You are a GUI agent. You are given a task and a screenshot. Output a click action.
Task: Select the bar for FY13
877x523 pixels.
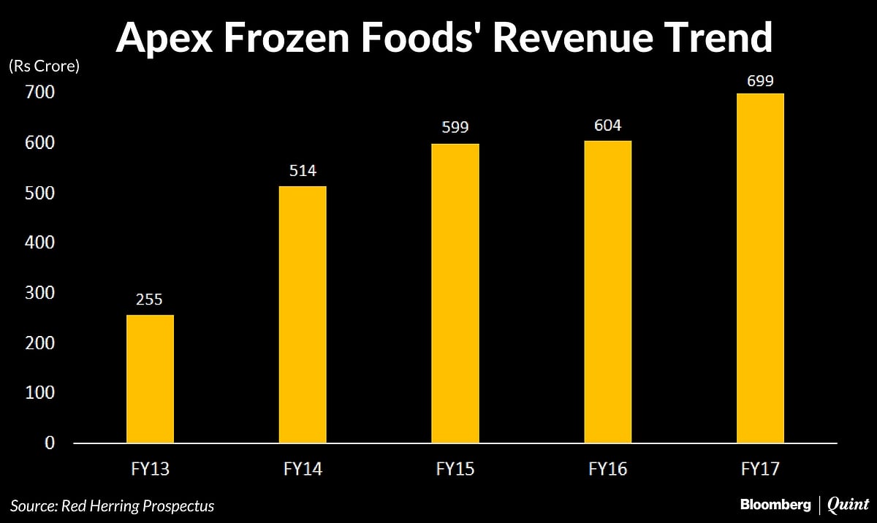(x=150, y=378)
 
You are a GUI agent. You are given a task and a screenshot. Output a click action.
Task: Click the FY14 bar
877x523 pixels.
(x=303, y=314)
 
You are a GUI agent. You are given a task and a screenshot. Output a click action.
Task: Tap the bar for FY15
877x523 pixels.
(x=455, y=293)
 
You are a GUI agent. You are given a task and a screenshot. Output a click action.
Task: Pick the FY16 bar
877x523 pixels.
(x=607, y=291)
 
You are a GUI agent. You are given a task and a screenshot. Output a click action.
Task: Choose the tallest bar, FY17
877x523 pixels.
(x=760, y=267)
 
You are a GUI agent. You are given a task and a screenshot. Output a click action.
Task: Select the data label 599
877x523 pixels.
(x=455, y=128)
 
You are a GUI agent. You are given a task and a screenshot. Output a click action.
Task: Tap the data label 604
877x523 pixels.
(x=607, y=126)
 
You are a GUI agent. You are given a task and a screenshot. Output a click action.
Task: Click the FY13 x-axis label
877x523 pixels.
(x=150, y=468)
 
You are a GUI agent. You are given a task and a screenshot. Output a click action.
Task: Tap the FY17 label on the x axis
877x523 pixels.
(x=760, y=468)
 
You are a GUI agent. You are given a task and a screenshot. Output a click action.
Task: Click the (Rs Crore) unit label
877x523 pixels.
(x=44, y=66)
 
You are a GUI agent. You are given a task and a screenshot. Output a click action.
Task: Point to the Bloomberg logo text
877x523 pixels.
(x=775, y=505)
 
